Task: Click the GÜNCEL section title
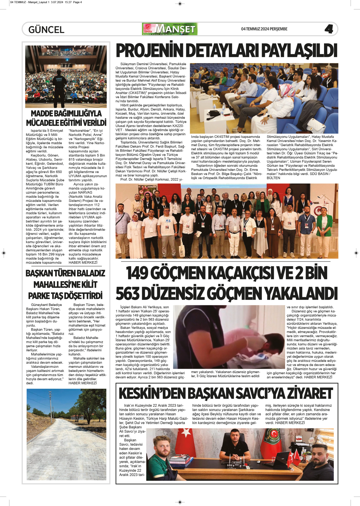point(46,30)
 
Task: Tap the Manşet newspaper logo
point(170,29)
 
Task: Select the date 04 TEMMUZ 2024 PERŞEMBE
point(264,29)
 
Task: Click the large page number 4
point(329,29)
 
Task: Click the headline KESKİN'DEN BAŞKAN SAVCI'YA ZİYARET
point(226,394)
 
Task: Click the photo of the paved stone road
point(66,434)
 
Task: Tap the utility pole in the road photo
point(50,407)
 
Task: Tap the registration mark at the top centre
point(180,3)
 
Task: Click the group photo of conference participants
point(227,221)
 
